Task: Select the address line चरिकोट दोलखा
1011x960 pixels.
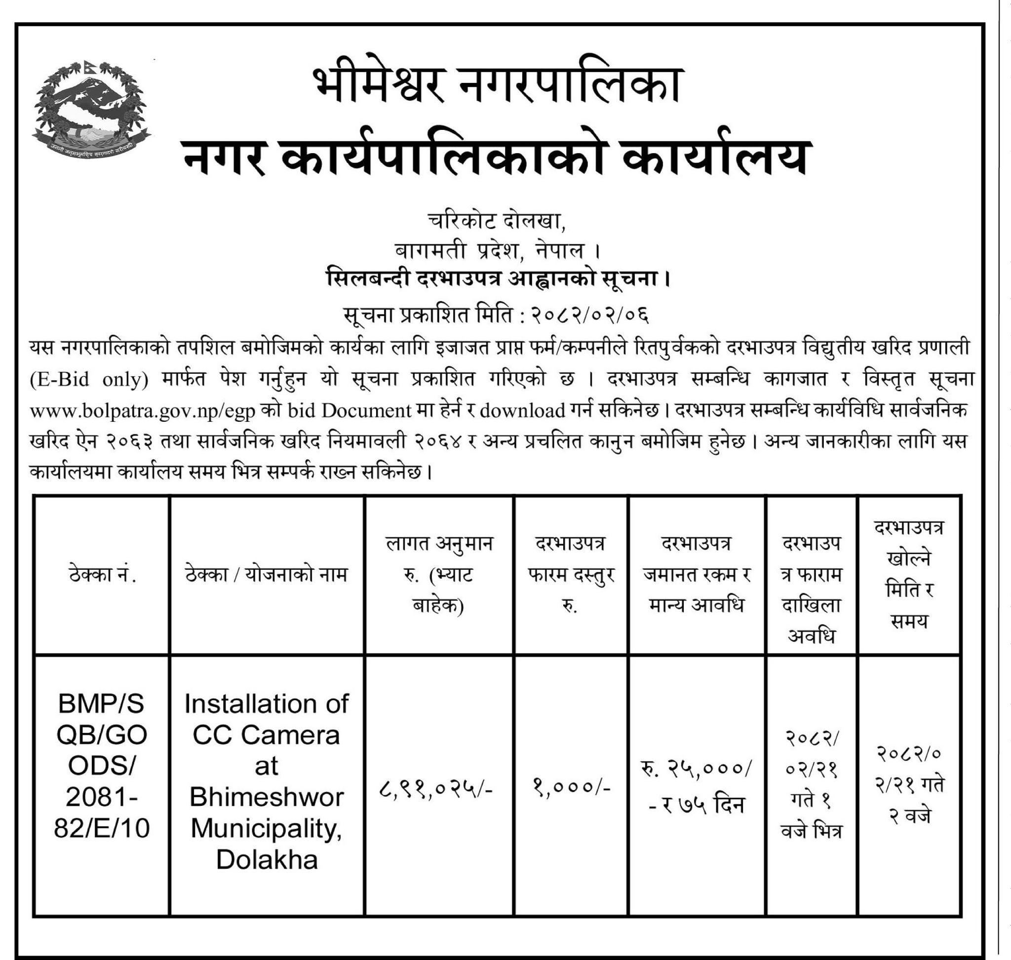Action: pos(496,222)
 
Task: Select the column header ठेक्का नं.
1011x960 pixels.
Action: pos(102,575)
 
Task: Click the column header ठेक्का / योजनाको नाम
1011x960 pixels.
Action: pos(267,575)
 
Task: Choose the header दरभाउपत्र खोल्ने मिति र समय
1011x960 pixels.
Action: pos(909,575)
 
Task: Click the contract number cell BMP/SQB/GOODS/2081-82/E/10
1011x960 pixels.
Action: pos(102,766)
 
